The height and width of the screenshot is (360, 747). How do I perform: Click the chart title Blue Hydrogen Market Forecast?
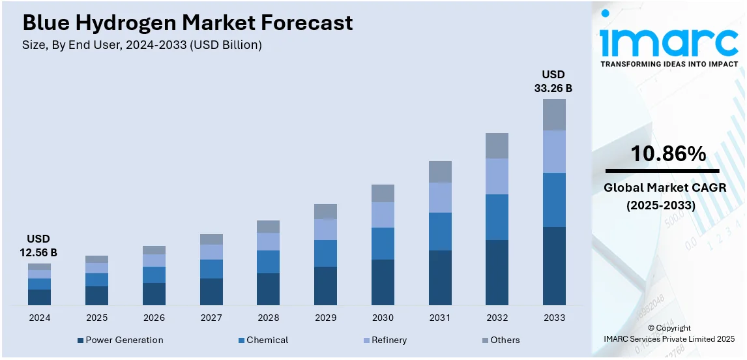click(x=188, y=23)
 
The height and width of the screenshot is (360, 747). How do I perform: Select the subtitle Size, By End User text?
click(x=142, y=45)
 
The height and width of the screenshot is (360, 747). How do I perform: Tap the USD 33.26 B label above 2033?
click(x=553, y=82)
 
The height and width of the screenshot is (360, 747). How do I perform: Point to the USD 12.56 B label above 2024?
click(x=39, y=246)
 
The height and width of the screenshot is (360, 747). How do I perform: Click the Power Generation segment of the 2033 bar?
click(x=554, y=265)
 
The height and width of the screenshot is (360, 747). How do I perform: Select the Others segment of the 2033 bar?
click(x=554, y=115)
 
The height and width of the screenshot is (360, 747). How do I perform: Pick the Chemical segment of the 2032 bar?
click(x=497, y=217)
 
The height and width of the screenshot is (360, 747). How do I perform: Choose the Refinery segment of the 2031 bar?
click(x=440, y=198)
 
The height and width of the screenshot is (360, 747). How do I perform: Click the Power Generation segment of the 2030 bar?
click(x=383, y=282)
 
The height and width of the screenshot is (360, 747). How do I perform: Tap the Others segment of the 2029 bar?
click(x=325, y=211)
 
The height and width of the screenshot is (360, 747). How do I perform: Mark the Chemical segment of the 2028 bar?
click(x=268, y=262)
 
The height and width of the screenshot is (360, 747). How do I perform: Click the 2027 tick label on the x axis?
click(x=211, y=318)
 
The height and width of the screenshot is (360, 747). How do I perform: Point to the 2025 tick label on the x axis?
click(x=96, y=318)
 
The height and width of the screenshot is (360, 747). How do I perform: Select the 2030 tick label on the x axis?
click(x=383, y=318)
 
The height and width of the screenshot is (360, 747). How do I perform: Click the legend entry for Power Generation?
click(x=120, y=340)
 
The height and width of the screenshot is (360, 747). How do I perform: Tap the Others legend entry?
click(x=501, y=340)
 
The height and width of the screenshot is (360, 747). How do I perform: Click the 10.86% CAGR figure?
click(x=668, y=155)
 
